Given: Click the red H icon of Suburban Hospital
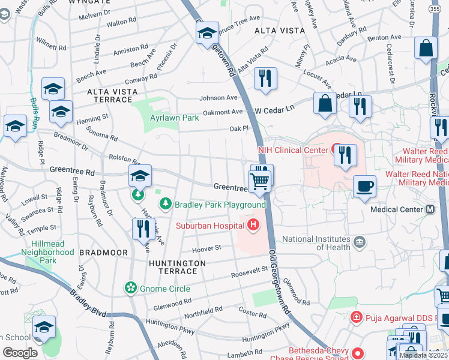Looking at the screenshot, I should [253, 225].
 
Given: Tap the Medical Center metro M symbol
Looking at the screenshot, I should [430, 209].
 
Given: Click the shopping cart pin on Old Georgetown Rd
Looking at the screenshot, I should [260, 181].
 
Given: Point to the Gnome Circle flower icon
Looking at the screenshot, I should [130, 289].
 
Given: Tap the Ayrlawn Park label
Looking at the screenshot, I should [175, 118].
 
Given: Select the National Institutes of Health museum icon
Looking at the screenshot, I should [360, 242].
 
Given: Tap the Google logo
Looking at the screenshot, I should [20, 353].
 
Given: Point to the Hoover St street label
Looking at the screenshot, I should [207, 248].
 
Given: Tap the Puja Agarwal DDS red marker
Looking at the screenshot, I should [356, 316].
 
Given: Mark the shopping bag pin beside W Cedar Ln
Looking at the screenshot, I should [325, 103].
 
